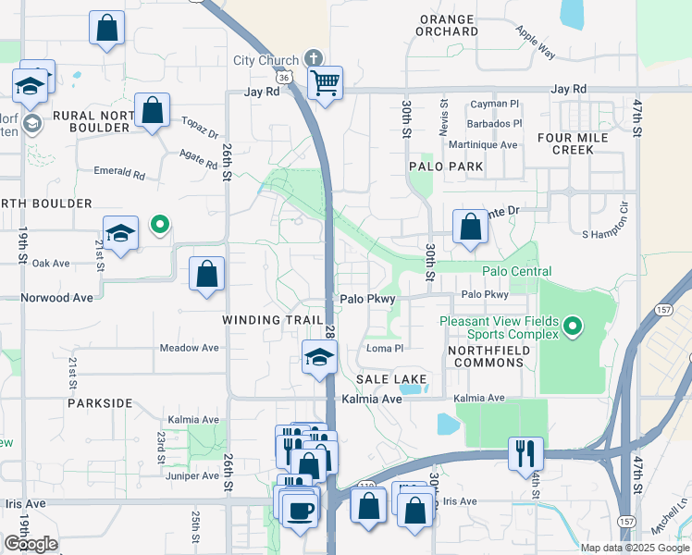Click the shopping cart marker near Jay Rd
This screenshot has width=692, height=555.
click(325, 83)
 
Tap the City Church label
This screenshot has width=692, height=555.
click(266, 61)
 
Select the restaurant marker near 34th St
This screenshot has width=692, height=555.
click(525, 453)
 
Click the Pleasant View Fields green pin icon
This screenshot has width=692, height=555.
click(573, 326)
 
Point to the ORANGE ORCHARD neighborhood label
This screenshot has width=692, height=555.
click(447, 25)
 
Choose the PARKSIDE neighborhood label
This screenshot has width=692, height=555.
click(100, 404)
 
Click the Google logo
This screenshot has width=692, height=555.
click(31, 543)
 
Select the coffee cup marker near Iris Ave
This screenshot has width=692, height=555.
click(299, 510)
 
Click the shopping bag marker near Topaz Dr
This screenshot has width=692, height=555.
click(152, 111)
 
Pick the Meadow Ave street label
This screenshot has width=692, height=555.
click(189, 348)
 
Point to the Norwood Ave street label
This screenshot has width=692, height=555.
click(57, 298)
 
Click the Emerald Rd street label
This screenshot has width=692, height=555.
click(120, 172)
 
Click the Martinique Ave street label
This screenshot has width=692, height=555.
click(482, 145)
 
